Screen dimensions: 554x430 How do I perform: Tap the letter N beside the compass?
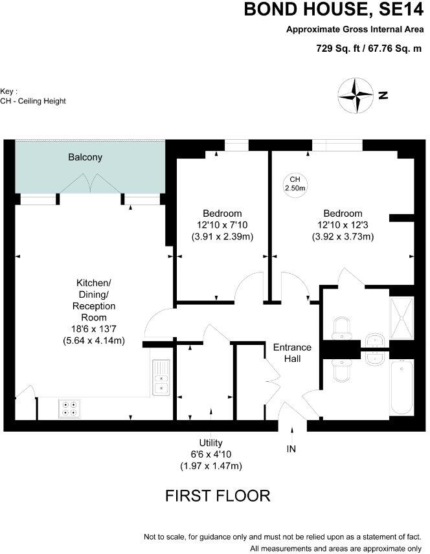tap(383, 95)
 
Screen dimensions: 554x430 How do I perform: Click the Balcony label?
tap(86, 157)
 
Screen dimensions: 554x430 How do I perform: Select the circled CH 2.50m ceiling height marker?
tap(295, 184)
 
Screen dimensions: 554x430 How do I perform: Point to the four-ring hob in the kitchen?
tap(69, 408)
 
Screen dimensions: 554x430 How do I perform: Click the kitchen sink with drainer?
tap(161, 377)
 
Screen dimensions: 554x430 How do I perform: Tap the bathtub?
tap(402, 389)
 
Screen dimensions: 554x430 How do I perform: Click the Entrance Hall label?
tap(292, 353)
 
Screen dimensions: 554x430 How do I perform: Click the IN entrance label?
tap(292, 448)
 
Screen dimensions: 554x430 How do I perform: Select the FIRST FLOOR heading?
tap(218, 496)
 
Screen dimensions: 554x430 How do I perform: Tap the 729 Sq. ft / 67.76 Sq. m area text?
tap(367, 48)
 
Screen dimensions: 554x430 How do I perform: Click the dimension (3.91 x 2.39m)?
tap(222, 237)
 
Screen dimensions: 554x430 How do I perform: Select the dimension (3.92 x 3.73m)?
tap(343, 237)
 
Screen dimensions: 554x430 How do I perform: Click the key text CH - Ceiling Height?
tap(33, 101)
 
